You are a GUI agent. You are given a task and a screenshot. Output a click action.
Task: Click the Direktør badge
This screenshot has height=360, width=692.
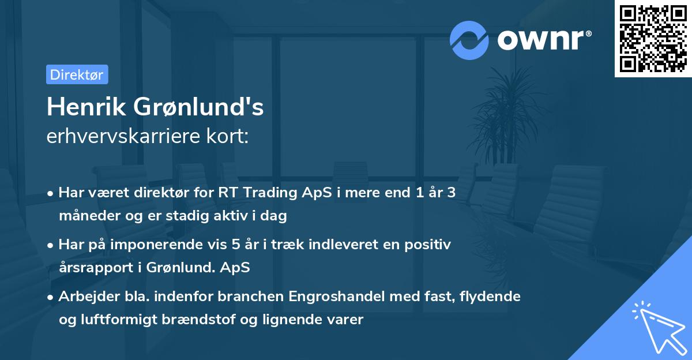tap(77, 74)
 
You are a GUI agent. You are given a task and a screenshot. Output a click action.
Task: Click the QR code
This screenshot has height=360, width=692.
tap(653, 39)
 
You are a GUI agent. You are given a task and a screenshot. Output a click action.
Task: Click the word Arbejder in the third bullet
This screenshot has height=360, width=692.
tap(86, 297)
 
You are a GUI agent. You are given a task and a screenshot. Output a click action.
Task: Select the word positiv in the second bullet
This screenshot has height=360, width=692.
tap(429, 245)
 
